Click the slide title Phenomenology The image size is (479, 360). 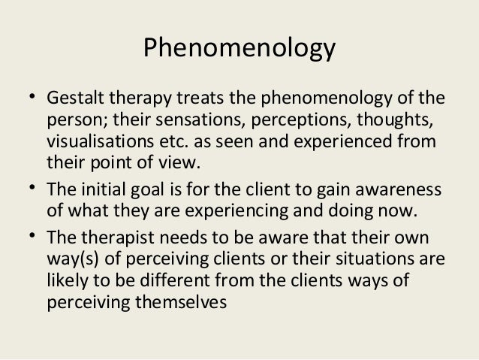coord(239,50)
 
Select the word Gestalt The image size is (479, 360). coord(71,99)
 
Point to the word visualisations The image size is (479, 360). coord(98,141)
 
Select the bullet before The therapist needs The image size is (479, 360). coord(29,237)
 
